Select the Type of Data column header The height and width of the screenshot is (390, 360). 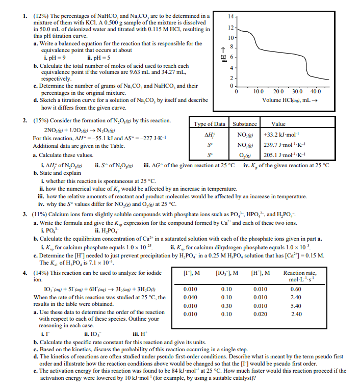click(x=210, y=124)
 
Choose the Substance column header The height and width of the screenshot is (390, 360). click(x=245, y=124)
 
